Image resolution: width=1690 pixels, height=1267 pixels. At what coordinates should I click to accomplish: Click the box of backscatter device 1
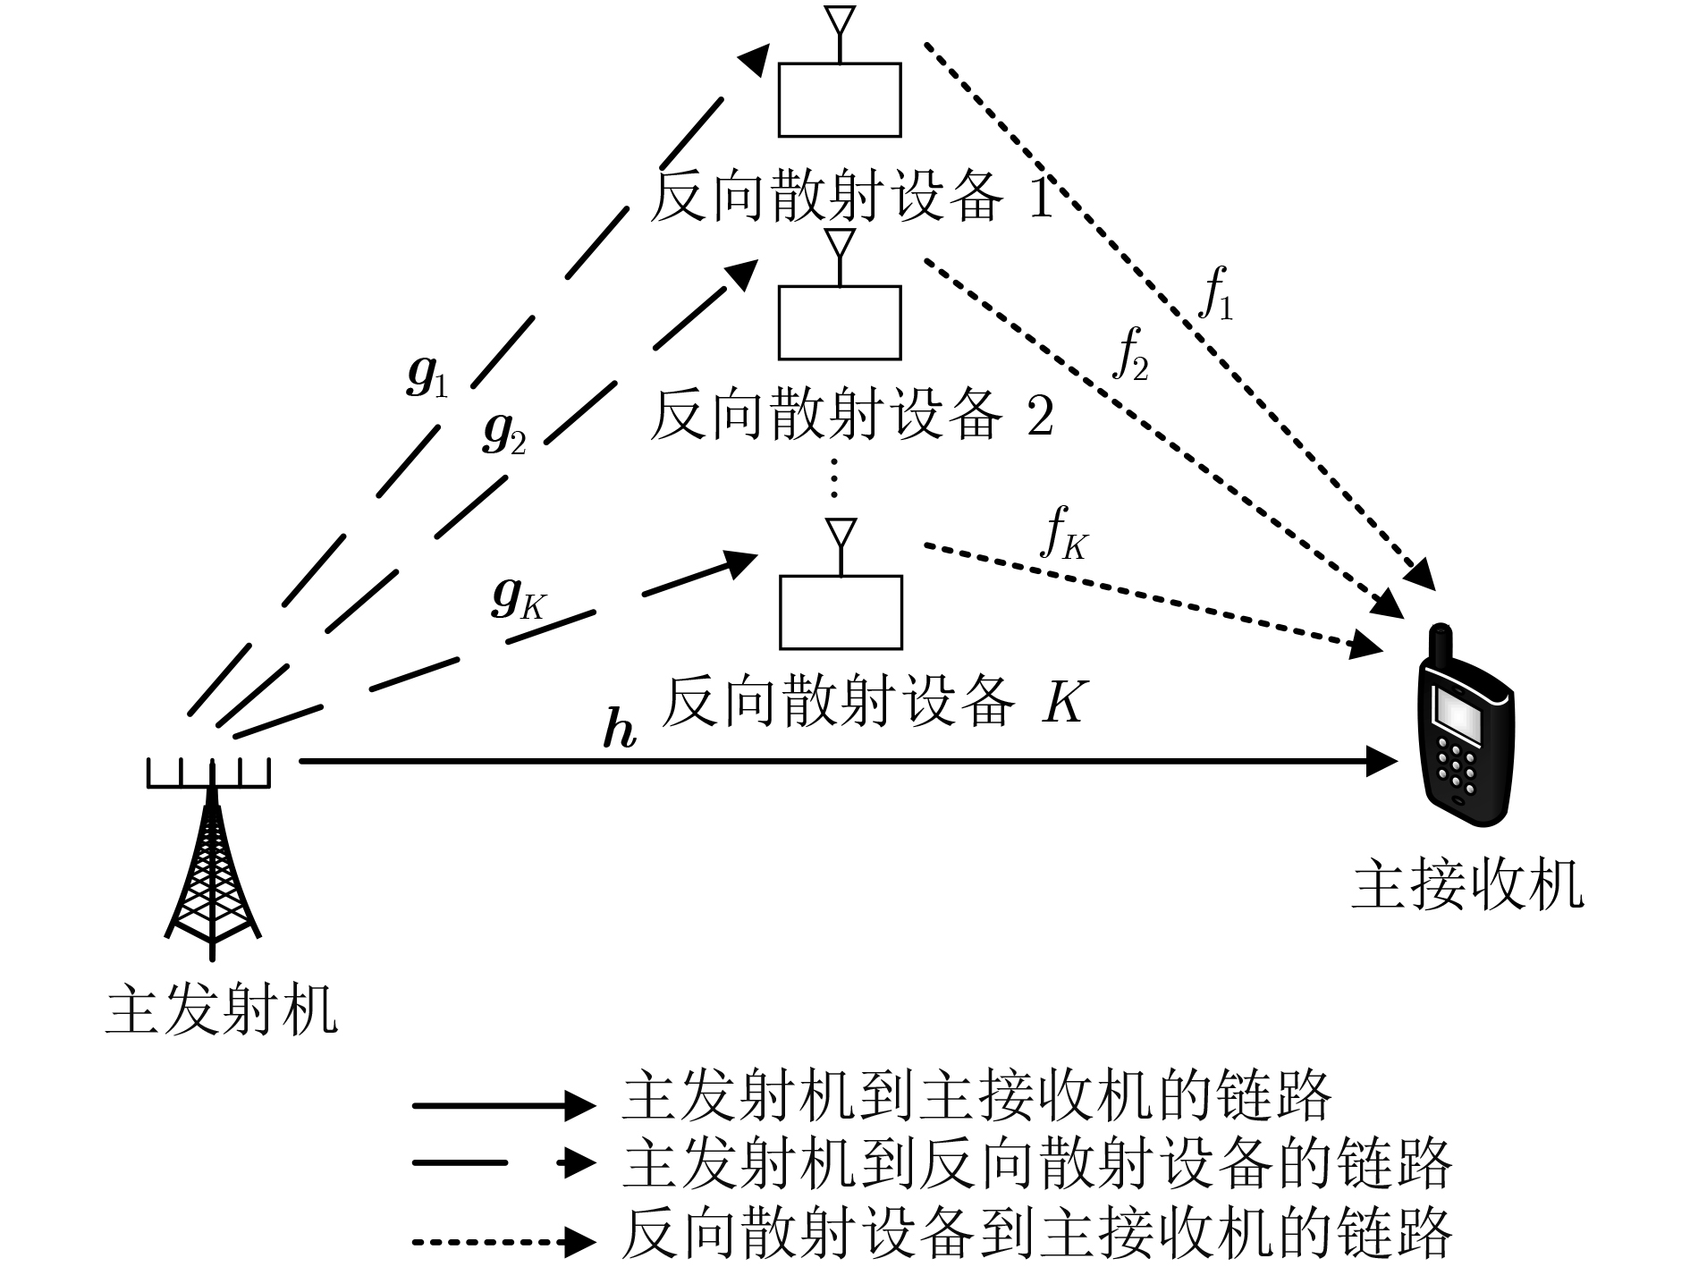(x=839, y=99)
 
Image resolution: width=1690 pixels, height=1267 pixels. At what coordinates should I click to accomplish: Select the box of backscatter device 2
(x=839, y=322)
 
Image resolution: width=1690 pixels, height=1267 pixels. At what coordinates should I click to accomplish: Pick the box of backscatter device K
(x=841, y=612)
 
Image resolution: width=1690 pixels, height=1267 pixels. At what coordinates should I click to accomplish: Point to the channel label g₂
(x=503, y=433)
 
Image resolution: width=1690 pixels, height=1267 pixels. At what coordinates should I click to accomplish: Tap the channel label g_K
(x=518, y=599)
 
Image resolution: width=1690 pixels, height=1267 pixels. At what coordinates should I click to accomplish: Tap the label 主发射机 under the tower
(x=221, y=1010)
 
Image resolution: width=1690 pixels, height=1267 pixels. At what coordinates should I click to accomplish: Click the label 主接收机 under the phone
(x=1466, y=885)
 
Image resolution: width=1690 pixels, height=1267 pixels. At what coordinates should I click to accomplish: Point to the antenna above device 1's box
(x=839, y=34)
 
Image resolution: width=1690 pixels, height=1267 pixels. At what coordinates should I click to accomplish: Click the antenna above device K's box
(x=840, y=546)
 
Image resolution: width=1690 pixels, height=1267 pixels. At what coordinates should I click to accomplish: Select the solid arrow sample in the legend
(x=504, y=1105)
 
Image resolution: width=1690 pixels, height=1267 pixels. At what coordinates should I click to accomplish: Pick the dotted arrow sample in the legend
(x=504, y=1241)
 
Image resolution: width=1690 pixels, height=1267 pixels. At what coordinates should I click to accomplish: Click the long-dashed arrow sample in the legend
(x=504, y=1162)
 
